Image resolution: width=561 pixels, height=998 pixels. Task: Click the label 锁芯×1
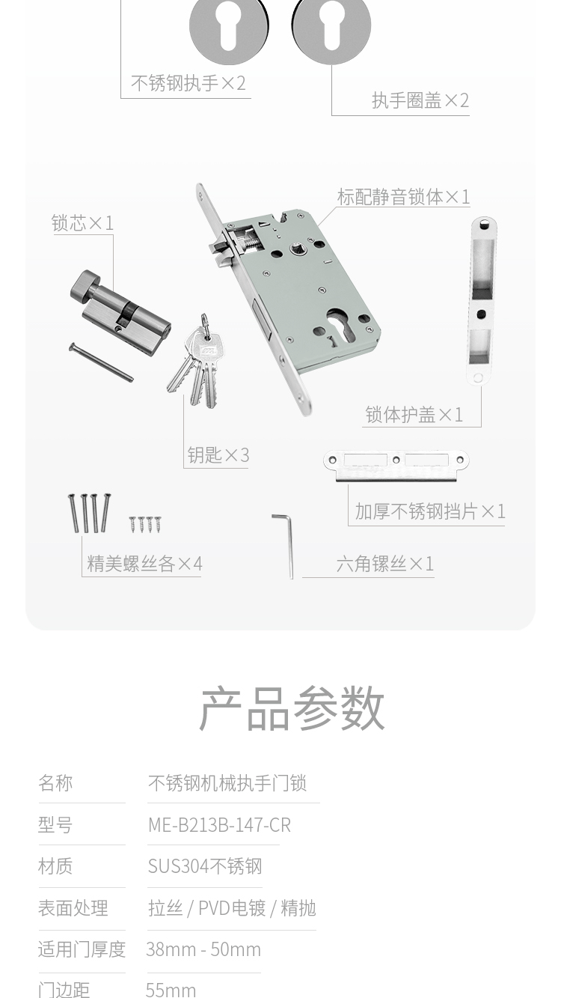(83, 223)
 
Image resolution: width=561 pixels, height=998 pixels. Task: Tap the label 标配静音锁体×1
(403, 197)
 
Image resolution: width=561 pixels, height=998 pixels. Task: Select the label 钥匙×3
(218, 455)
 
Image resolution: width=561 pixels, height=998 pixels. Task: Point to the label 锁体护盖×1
(414, 415)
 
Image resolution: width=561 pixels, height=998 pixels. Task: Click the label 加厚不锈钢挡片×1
(430, 511)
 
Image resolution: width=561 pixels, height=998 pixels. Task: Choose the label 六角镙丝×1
(385, 564)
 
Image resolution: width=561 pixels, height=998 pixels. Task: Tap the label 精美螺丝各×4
(144, 564)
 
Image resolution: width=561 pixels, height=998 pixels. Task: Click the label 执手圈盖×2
(420, 100)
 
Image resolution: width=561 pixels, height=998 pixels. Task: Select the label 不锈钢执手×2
(188, 83)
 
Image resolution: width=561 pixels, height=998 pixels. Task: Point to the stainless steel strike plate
(396, 466)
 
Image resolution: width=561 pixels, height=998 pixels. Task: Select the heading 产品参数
(292, 709)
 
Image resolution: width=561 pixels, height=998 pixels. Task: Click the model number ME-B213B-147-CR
(219, 825)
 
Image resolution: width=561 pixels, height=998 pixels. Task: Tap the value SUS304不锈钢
(205, 866)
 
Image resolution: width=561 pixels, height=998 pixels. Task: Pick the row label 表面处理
(73, 908)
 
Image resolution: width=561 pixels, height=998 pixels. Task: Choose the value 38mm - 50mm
(203, 949)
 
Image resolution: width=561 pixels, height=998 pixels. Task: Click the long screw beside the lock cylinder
(101, 362)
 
